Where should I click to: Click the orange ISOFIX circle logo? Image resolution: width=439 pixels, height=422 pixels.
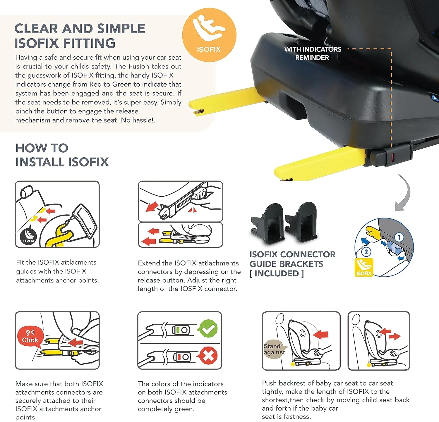click(209, 35)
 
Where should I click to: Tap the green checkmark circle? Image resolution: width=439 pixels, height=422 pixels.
click(208, 329)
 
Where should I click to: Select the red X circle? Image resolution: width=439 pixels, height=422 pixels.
click(208, 356)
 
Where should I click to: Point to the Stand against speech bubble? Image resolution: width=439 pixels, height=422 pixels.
click(275, 349)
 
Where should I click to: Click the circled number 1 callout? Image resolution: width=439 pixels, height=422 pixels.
click(399, 237)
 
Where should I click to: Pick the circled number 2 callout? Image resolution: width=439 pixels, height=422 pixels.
click(366, 252)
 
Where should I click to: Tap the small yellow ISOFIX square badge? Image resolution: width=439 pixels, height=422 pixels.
click(364, 268)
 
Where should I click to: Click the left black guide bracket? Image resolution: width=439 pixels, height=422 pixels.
click(267, 223)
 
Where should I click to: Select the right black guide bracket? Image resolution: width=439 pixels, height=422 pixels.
click(301, 222)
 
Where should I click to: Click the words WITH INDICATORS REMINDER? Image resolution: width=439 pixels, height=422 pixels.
click(313, 53)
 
